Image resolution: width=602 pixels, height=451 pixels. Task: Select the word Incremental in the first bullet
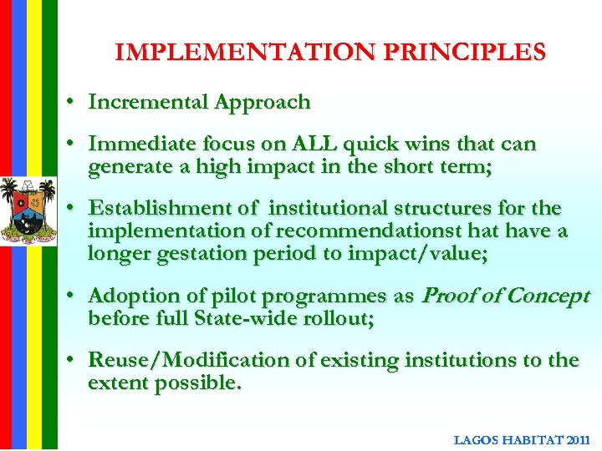pyautogui.click(x=148, y=103)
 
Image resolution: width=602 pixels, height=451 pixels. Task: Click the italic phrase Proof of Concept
pyautogui.click(x=506, y=296)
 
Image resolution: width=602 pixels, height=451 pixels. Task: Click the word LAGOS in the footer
pyautogui.click(x=477, y=439)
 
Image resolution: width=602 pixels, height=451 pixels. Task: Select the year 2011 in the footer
pyautogui.click(x=579, y=439)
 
